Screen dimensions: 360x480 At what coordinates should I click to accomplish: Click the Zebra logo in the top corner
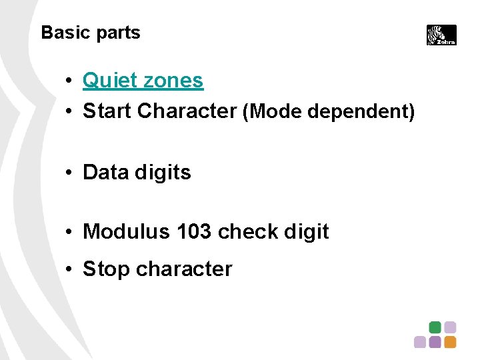tap(441, 35)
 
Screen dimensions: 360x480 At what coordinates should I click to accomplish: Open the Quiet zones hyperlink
tap(143, 81)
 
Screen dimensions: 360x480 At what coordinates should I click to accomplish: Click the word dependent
tap(360, 111)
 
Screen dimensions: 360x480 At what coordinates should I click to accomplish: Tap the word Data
tap(105, 173)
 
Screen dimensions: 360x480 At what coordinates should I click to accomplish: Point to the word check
tap(248, 232)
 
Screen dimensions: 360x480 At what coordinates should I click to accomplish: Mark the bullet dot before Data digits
tap(69, 173)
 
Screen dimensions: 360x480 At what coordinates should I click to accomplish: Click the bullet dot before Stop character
tap(69, 270)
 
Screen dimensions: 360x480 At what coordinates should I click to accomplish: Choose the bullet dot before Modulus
tap(69, 233)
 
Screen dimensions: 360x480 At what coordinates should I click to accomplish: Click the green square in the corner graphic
tap(435, 327)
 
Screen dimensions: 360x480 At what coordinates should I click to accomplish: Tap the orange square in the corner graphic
tap(450, 342)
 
